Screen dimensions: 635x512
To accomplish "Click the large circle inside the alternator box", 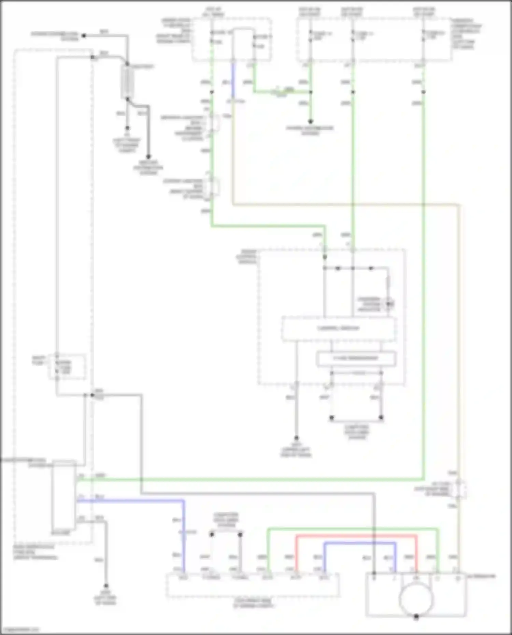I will point(416,598).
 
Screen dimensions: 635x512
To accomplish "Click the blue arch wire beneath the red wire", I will point(360,543).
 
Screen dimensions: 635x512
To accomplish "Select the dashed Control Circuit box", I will point(339,329).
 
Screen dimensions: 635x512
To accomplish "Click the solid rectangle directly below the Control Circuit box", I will point(356,358).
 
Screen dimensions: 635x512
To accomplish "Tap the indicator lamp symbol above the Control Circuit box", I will point(388,304).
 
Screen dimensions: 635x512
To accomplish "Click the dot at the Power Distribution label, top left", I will point(83,35).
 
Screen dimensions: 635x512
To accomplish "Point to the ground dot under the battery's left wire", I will point(127,128).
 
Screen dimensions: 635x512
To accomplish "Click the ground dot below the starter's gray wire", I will point(106,586).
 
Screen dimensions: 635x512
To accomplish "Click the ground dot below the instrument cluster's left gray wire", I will point(296,438).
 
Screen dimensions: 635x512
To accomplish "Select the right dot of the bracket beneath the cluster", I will point(381,417).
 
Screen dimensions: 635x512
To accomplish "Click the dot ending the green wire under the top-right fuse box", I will point(310,121).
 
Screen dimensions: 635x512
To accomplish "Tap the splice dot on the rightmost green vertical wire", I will point(423,92).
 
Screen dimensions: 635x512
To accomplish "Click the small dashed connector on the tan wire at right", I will point(459,489).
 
